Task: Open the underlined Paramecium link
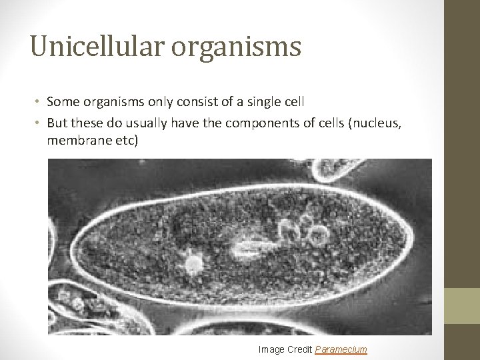[x=341, y=349]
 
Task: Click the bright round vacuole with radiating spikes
[x=193, y=264]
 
